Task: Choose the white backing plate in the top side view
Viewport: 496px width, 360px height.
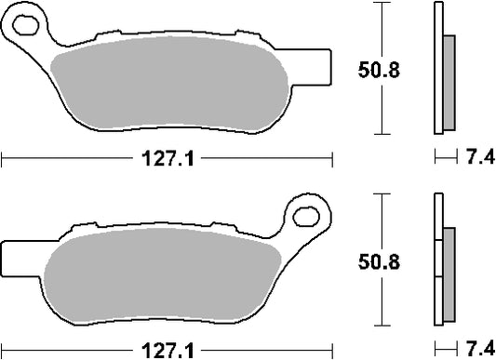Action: point(438,70)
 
